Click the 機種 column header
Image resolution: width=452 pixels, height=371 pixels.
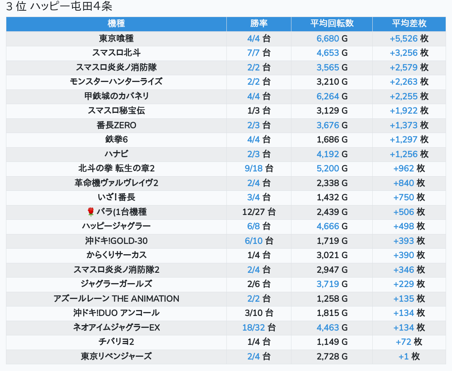pos(116,24)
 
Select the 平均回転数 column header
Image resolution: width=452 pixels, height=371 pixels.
pos(332,24)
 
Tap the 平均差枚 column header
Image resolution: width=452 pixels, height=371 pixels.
pos(409,24)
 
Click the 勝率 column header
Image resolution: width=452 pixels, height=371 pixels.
pos(259,24)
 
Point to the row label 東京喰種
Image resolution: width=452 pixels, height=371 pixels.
pos(116,38)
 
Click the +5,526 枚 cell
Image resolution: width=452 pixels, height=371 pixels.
pos(409,38)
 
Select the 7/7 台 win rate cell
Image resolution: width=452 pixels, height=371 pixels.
pos(259,53)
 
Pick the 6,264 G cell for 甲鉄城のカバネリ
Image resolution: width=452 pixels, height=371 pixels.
pos(332,96)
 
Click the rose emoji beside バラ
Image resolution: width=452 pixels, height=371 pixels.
pos(91,212)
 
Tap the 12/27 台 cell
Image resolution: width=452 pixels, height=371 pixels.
pos(259,212)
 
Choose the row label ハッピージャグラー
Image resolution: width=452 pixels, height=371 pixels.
pos(116,226)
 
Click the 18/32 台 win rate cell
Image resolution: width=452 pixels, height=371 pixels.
pos(259,328)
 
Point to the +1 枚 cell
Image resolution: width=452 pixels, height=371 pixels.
pos(409,357)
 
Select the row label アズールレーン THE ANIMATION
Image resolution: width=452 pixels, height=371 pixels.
pos(116,299)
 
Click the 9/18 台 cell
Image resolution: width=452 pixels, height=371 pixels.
pos(259,169)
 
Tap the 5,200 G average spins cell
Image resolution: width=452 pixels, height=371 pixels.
pos(332,169)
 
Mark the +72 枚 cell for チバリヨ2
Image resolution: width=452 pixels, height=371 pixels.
pos(409,342)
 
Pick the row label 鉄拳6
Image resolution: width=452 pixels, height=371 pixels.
pos(116,140)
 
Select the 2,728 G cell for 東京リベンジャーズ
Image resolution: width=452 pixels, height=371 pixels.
pos(332,357)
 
